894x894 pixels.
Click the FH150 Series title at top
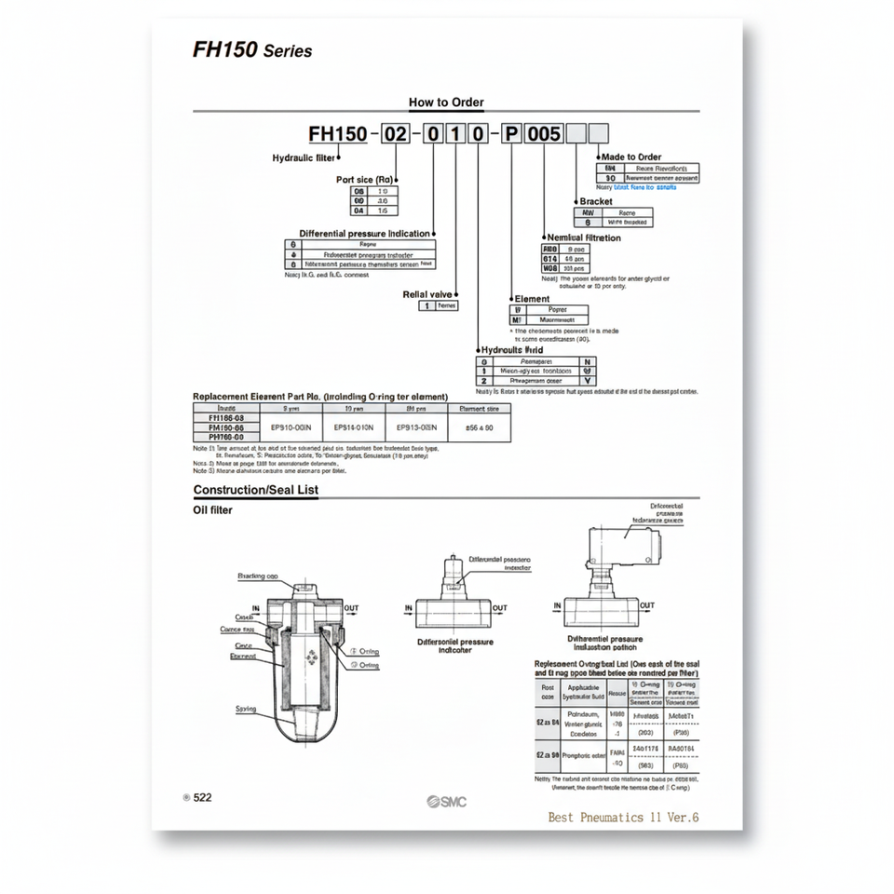tap(252, 49)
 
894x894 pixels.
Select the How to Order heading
tap(446, 102)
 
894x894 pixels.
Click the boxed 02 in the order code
tap(396, 134)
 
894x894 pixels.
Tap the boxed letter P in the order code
tap(511, 134)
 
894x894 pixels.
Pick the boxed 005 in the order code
tap(544, 134)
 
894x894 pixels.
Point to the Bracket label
tap(596, 201)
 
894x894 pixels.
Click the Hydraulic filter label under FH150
tap(304, 158)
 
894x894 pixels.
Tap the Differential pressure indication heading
tap(365, 233)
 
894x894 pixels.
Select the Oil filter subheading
tap(212, 509)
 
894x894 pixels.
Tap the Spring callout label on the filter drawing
tap(246, 709)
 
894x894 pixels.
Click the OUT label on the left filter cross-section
tap(352, 608)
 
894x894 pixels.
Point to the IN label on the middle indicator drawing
tap(409, 608)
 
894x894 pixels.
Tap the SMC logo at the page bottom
tap(447, 802)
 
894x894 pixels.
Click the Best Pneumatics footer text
tap(623, 817)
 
